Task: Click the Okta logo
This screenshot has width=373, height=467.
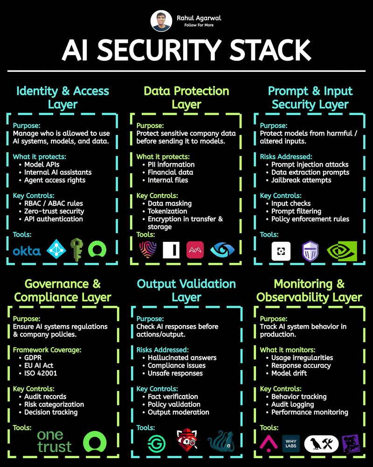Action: pos(27,251)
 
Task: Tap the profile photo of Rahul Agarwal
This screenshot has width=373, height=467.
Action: pos(161,21)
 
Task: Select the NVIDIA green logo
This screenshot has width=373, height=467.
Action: pos(342,251)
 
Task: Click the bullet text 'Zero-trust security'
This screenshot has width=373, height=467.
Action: pos(54,211)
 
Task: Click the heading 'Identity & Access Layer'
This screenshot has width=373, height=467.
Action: pos(62,97)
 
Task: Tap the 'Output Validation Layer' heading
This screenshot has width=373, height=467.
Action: pos(186,290)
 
